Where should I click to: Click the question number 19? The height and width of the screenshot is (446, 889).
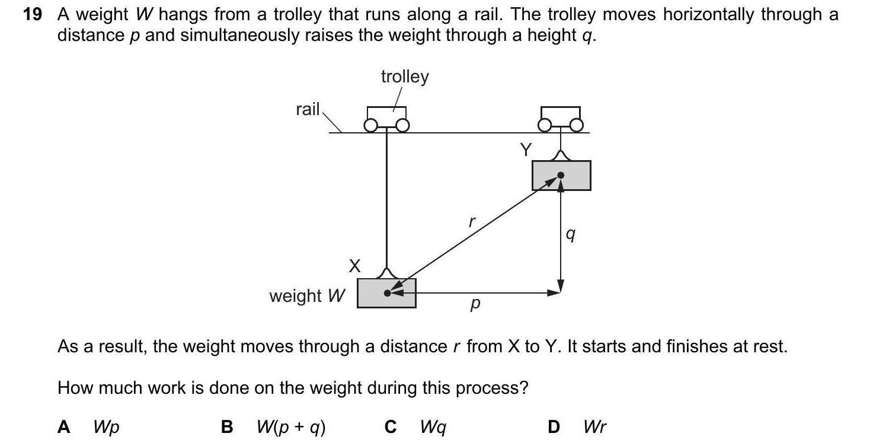pos(32,15)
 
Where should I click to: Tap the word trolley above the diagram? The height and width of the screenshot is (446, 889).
pos(404,77)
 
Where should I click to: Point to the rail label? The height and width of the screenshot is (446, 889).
pos(307,109)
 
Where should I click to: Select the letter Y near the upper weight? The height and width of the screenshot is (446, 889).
pos(525,151)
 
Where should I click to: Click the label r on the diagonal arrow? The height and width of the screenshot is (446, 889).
pos(472,222)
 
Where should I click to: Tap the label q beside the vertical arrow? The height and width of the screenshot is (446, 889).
pos(570,235)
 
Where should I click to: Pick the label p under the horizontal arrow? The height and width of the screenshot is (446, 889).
pos(474,305)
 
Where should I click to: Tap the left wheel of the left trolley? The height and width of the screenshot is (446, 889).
pos(371,126)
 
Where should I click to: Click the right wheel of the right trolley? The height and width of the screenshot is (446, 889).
pos(577,125)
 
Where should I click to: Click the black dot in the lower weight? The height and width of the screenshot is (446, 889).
pos(388,293)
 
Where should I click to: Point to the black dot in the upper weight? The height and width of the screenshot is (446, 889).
pos(561,176)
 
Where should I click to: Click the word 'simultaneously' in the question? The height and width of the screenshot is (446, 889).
pos(238,36)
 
